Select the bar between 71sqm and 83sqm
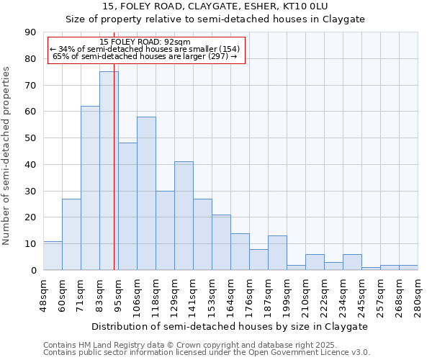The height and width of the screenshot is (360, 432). pyautogui.click(x=90, y=188)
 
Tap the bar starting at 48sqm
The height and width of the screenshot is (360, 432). pyautogui.click(x=53, y=256)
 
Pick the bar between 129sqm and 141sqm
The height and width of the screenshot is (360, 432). pyautogui.click(x=184, y=216)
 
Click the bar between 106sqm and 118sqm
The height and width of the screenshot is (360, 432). pyautogui.click(x=146, y=194)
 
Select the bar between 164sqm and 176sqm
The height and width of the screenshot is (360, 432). pyautogui.click(x=240, y=251)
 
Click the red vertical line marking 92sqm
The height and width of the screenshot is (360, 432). pyautogui.click(x=114, y=180)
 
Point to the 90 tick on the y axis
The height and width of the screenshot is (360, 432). pyautogui.click(x=31, y=32)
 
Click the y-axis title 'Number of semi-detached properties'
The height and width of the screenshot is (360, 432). pyautogui.click(x=7, y=156)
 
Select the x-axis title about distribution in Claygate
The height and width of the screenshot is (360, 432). pyautogui.click(x=230, y=326)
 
